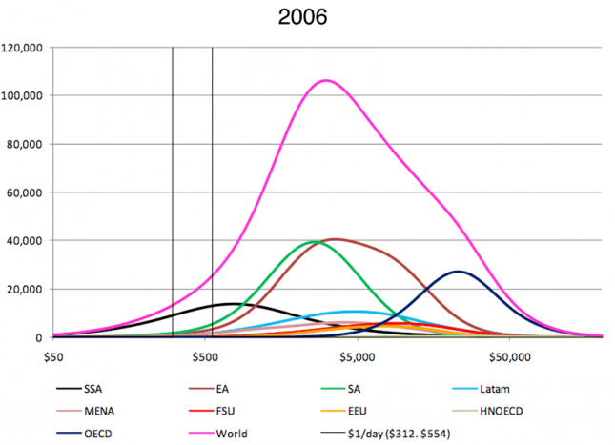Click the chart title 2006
306,16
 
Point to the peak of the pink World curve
326,80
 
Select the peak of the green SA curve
315,242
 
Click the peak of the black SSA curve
233,304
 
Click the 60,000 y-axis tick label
27,192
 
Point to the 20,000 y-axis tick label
27,289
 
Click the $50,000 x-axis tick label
509,356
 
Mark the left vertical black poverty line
172,191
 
